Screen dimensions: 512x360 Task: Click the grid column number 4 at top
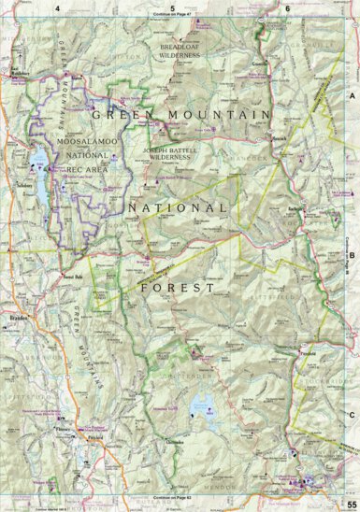click(x=57, y=7)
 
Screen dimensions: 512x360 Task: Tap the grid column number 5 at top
click(x=172, y=7)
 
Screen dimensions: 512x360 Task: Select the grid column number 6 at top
click(x=287, y=7)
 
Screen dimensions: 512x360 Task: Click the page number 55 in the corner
click(x=349, y=505)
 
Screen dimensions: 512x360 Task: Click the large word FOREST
click(x=174, y=263)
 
